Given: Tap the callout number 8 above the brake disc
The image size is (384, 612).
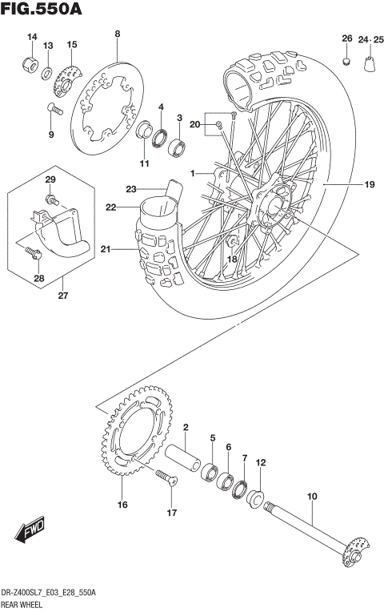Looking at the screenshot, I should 117,34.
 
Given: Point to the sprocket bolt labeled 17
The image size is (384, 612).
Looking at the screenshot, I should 166,477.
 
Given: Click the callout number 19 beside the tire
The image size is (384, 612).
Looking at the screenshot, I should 370,185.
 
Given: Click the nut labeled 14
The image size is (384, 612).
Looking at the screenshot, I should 29,63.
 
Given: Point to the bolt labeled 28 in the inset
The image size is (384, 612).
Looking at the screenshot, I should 32,253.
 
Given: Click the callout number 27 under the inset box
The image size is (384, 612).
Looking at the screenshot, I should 61,295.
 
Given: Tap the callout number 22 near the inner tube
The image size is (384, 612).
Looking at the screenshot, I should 110,207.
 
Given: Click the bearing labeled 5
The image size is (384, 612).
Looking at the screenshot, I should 211,470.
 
